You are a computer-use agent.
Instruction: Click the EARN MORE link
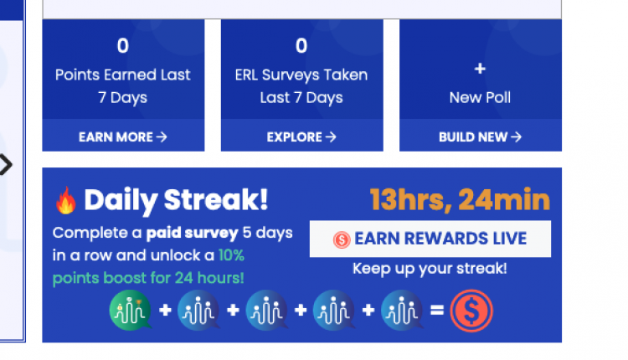coord(122,137)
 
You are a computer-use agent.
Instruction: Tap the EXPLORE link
coord(301,137)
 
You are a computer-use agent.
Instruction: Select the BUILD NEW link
coord(481,137)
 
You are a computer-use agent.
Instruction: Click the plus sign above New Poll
coord(480,69)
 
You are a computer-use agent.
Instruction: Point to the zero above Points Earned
coord(123,46)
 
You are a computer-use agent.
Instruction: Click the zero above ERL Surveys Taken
coord(301,46)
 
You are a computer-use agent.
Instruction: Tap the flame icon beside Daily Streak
coord(66,200)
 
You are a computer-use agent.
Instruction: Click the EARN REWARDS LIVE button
coord(430,239)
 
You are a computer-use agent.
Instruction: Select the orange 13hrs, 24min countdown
coord(460,199)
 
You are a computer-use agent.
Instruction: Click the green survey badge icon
coord(130,310)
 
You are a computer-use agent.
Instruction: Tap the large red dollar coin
coord(471,311)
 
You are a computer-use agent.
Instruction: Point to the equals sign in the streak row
coord(437,310)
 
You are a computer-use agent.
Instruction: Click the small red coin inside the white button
coord(342,240)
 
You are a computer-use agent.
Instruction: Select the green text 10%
coord(231,255)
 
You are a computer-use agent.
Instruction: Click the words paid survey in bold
coord(193,233)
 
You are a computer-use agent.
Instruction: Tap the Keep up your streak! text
coord(430,268)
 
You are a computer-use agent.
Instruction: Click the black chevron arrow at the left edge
coord(7,165)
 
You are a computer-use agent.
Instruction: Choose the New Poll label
coord(480,97)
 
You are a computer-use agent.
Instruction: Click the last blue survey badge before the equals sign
coord(402,310)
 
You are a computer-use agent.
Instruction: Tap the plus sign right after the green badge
coord(165,310)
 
